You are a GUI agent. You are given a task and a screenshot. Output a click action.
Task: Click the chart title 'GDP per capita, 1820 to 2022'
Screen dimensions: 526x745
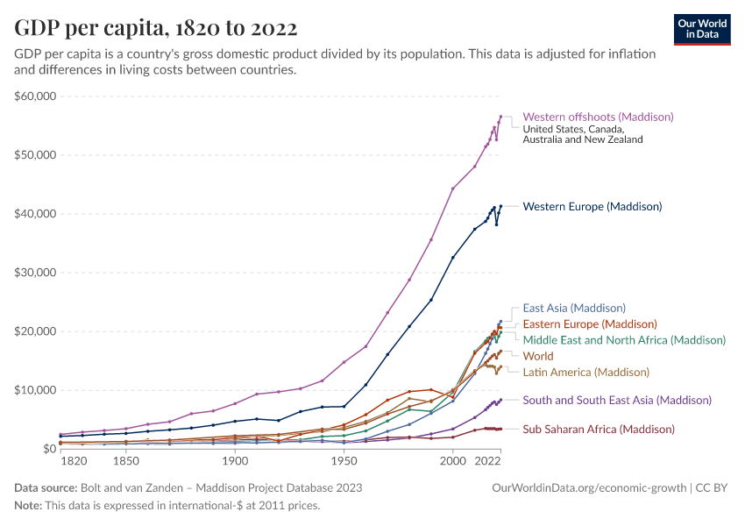(155, 27)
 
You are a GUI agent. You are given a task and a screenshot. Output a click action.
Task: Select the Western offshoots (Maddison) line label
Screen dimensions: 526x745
(598, 117)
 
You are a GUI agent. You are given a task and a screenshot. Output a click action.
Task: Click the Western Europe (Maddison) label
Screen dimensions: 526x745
(592, 207)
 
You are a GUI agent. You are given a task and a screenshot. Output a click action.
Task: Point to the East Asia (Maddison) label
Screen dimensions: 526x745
(574, 308)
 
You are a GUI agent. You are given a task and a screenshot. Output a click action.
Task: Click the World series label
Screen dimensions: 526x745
(538, 356)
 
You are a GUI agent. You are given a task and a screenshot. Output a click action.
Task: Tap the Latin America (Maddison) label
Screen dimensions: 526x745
(585, 372)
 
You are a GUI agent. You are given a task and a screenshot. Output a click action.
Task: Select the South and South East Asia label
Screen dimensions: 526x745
(617, 400)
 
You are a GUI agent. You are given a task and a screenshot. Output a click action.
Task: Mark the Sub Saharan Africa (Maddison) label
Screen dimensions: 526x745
(599, 429)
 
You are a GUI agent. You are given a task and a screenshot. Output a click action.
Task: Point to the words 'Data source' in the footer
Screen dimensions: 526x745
(45, 487)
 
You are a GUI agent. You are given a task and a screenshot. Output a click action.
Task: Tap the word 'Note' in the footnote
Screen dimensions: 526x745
(29, 505)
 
